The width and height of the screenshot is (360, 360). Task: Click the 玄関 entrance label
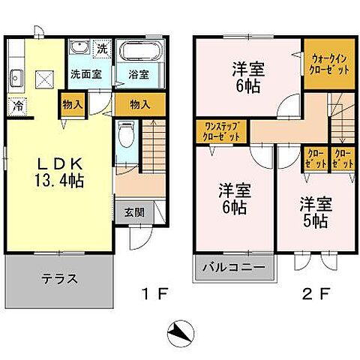coord(135,212)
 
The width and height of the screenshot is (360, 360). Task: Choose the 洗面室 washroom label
coord(85,75)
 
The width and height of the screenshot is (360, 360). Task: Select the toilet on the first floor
coord(126,138)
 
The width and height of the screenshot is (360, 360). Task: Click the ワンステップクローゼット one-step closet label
coord(219,133)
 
